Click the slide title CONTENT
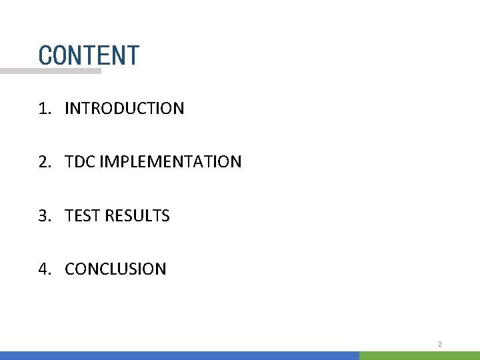tap(89, 55)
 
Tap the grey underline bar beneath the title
tap(51, 71)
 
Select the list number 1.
tap(43, 108)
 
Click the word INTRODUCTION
tap(124, 108)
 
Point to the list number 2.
tap(43, 161)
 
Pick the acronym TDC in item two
tap(80, 161)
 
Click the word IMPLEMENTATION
tap(170, 161)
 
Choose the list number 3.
tap(43, 215)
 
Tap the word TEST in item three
tap(79, 215)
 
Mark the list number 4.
tap(43, 269)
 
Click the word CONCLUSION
tap(115, 269)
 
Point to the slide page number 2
tap(440, 344)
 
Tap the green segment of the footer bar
tap(419, 355)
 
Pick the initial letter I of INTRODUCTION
tap(67, 108)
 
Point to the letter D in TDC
tap(80, 161)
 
